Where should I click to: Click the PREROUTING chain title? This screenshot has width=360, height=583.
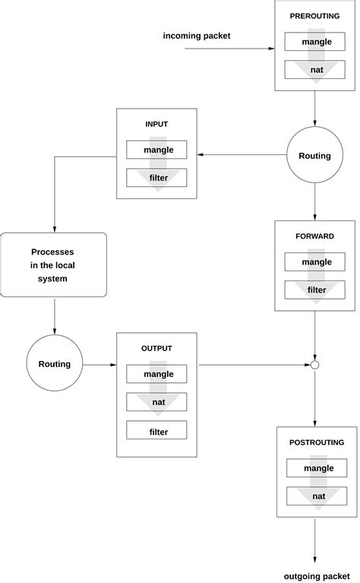click(315, 15)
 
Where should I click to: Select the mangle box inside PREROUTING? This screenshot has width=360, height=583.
click(315, 42)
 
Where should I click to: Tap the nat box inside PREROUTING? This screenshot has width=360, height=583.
click(315, 70)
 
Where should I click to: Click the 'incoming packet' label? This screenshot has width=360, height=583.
click(197, 36)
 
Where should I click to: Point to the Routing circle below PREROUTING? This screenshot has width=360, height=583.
click(314, 156)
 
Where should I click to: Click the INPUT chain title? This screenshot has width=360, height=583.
click(156, 124)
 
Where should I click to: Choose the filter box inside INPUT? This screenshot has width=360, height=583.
click(156, 178)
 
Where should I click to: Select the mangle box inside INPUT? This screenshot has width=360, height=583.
click(156, 150)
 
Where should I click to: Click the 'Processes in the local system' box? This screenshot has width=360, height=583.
click(55, 265)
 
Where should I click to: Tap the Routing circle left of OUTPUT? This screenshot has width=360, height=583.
click(55, 364)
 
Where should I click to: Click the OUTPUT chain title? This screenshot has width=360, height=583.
click(156, 348)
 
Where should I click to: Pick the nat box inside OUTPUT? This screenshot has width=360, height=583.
click(156, 403)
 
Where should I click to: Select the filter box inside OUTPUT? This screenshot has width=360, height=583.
click(156, 432)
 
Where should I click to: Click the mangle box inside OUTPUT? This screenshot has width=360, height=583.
click(156, 374)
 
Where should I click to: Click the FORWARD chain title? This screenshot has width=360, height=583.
click(315, 236)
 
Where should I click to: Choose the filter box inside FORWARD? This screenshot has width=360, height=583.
click(315, 290)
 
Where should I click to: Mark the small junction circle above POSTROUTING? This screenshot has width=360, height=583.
click(314, 365)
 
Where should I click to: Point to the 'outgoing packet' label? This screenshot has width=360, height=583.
click(317, 575)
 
